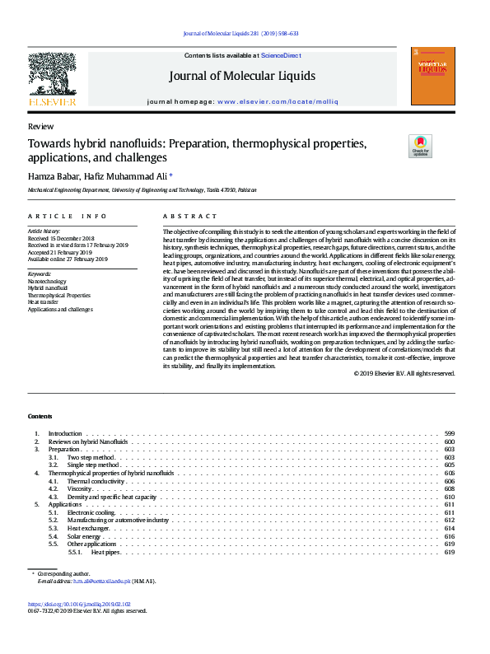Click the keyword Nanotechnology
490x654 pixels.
(47, 281)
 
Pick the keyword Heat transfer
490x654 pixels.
(43, 301)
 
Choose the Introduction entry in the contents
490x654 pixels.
(65, 433)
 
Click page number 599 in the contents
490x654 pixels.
(450, 433)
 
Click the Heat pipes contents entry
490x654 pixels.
(105, 552)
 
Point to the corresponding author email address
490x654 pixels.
(102, 582)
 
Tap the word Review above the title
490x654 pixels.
(40, 127)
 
